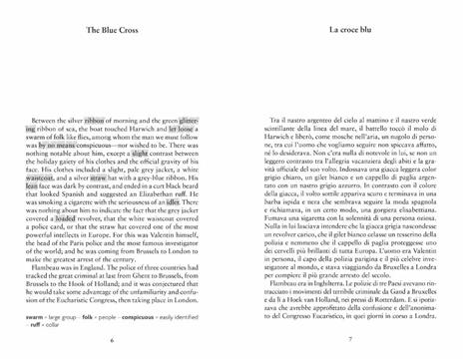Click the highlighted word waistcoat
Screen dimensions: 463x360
(44, 180)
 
